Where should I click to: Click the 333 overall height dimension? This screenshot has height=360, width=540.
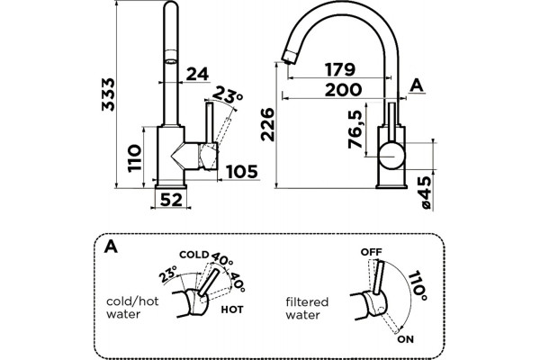coord(109,94)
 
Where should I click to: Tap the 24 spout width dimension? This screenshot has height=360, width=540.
coord(197,74)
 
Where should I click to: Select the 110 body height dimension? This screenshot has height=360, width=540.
coord(134,158)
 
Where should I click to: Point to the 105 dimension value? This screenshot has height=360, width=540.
coord(242,172)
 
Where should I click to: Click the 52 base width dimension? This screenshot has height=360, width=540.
coord(171,200)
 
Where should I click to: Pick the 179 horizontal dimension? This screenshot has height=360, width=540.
coord(340,69)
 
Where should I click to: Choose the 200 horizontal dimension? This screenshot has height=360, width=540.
coord(344,90)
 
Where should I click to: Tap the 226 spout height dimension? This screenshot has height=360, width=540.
coord(267,125)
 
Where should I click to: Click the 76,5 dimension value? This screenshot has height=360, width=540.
coord(355,130)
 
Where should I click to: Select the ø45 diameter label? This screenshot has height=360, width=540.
coord(426,193)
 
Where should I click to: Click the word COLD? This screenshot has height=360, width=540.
coord(194,255)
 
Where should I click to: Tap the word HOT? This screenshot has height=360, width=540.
coord(232,310)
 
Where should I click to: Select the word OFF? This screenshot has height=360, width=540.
coord(371,252)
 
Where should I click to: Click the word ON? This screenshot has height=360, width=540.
coord(406,339)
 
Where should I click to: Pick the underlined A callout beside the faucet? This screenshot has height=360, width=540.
coord(417,85)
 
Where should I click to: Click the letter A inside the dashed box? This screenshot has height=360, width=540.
coord(111,247)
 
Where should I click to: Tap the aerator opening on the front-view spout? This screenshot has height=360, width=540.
coord(171,62)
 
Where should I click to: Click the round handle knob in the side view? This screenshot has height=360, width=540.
coord(391,156)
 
